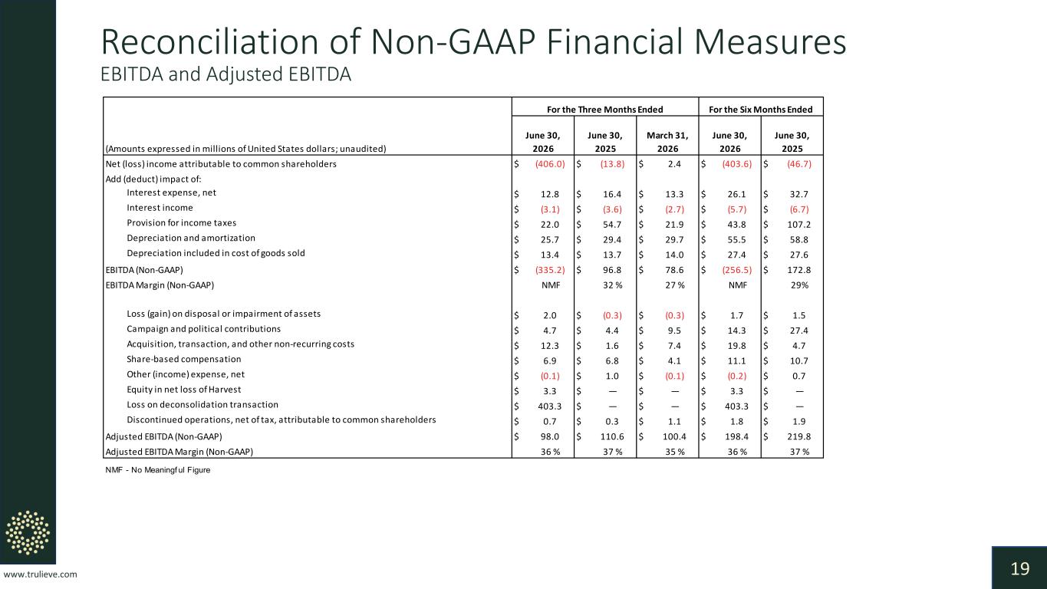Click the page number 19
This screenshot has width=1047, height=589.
1020,568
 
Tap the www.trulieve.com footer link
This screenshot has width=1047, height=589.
40,574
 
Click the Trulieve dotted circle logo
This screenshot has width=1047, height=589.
28,532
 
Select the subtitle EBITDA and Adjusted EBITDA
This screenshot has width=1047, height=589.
226,74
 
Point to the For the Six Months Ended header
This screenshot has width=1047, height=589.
760,110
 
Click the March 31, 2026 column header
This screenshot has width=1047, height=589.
667,142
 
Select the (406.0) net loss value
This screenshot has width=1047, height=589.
550,164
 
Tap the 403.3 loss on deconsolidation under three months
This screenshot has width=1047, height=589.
550,406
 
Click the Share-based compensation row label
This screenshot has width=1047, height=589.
183,359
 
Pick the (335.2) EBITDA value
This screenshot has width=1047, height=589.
550,270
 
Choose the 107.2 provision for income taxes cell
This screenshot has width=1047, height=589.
798,225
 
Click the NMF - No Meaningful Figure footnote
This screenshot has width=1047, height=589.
157,470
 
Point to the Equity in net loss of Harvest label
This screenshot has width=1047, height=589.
183,390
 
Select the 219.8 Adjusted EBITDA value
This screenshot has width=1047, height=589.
798,436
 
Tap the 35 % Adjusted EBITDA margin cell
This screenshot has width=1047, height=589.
675,452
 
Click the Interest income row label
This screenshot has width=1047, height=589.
160,208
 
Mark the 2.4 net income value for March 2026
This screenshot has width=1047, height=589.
674,164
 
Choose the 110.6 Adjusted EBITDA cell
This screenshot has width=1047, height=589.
612,436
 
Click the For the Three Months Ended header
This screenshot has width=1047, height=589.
605,110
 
